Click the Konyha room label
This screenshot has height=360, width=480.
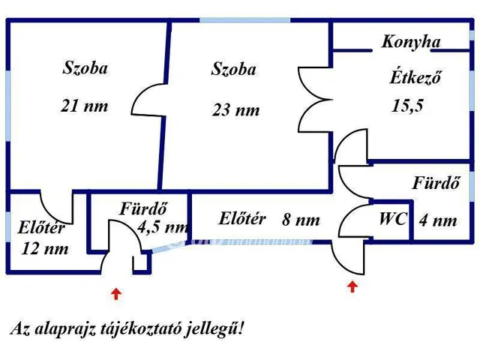click(410, 42)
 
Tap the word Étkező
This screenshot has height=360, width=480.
click(415, 77)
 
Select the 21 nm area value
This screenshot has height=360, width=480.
click(84, 106)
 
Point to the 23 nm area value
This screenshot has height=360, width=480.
click(235, 109)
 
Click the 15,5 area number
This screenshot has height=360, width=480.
click(407, 106)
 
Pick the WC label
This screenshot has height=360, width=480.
click(393, 220)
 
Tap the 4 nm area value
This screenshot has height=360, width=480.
click(437, 220)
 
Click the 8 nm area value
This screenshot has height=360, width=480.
click(301, 220)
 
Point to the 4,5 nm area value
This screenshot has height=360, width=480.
click(163, 226)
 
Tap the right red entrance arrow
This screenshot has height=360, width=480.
click(352, 287)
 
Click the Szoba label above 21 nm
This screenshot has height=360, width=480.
click(84, 68)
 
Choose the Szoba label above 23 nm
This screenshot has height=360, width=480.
click(233, 70)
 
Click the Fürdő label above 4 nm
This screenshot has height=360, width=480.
click(436, 183)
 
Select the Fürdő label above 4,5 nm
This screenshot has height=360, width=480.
click(142, 209)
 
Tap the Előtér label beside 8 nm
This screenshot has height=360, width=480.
click(242, 219)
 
